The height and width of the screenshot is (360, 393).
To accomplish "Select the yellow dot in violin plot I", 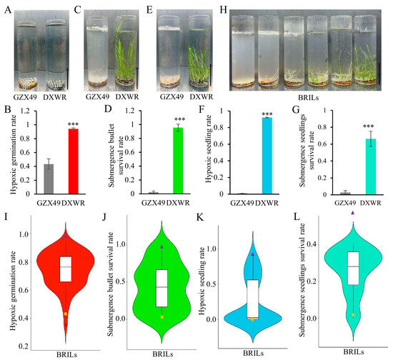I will tap(66, 314).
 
